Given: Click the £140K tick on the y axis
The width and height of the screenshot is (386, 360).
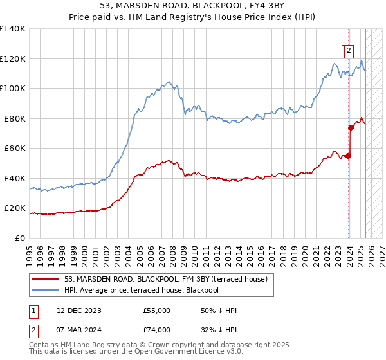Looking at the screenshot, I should pos(13,29).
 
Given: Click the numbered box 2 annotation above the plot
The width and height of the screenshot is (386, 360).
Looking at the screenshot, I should pos(348,50).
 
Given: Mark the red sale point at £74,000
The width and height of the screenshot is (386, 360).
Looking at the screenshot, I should pos(351,127).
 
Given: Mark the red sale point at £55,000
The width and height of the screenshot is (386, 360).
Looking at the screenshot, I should pos(349,156).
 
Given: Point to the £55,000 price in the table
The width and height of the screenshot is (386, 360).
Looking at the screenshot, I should pos(156,310).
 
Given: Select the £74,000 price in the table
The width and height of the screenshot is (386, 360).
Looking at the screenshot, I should pos(156,330).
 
